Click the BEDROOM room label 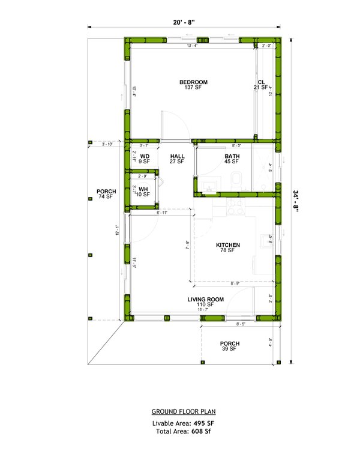193,82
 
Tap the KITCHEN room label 228,245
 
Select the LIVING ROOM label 205,299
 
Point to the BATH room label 232,157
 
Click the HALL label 176,157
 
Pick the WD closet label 145,157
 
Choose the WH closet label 143,189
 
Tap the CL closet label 261,82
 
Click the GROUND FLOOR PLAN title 184,412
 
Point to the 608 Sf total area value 202,431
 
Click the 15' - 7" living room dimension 206,309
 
